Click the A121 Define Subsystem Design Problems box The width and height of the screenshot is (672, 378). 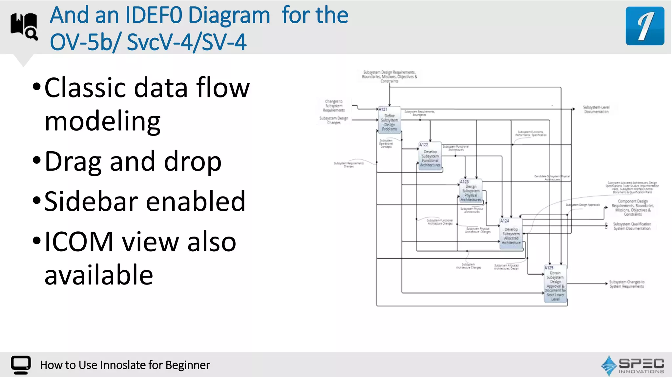tap(389, 120)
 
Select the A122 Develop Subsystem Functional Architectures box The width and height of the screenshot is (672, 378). tap(430, 157)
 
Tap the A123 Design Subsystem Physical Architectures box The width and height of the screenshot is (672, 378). tap(471, 191)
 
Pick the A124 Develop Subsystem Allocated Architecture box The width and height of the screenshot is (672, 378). tap(511, 234)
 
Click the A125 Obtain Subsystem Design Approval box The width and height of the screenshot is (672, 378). tap(555, 284)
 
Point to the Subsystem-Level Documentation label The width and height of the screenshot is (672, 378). tap(596, 110)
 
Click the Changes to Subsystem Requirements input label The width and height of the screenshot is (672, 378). tap(334, 106)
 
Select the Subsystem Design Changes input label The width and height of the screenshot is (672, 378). tap(334, 120)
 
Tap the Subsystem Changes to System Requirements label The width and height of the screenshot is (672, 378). tap(627, 284)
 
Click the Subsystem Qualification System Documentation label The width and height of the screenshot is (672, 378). tap(632, 226)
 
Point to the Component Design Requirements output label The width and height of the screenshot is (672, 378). tap(633, 207)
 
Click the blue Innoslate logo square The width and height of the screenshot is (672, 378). tap(645, 26)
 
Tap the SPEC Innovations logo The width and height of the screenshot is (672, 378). tap(633, 365)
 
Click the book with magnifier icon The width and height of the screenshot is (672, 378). tap(24, 26)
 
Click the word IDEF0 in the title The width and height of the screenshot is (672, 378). tap(154, 15)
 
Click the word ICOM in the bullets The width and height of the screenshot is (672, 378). tap(79, 242)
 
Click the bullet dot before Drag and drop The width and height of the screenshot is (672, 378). tap(37, 160)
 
